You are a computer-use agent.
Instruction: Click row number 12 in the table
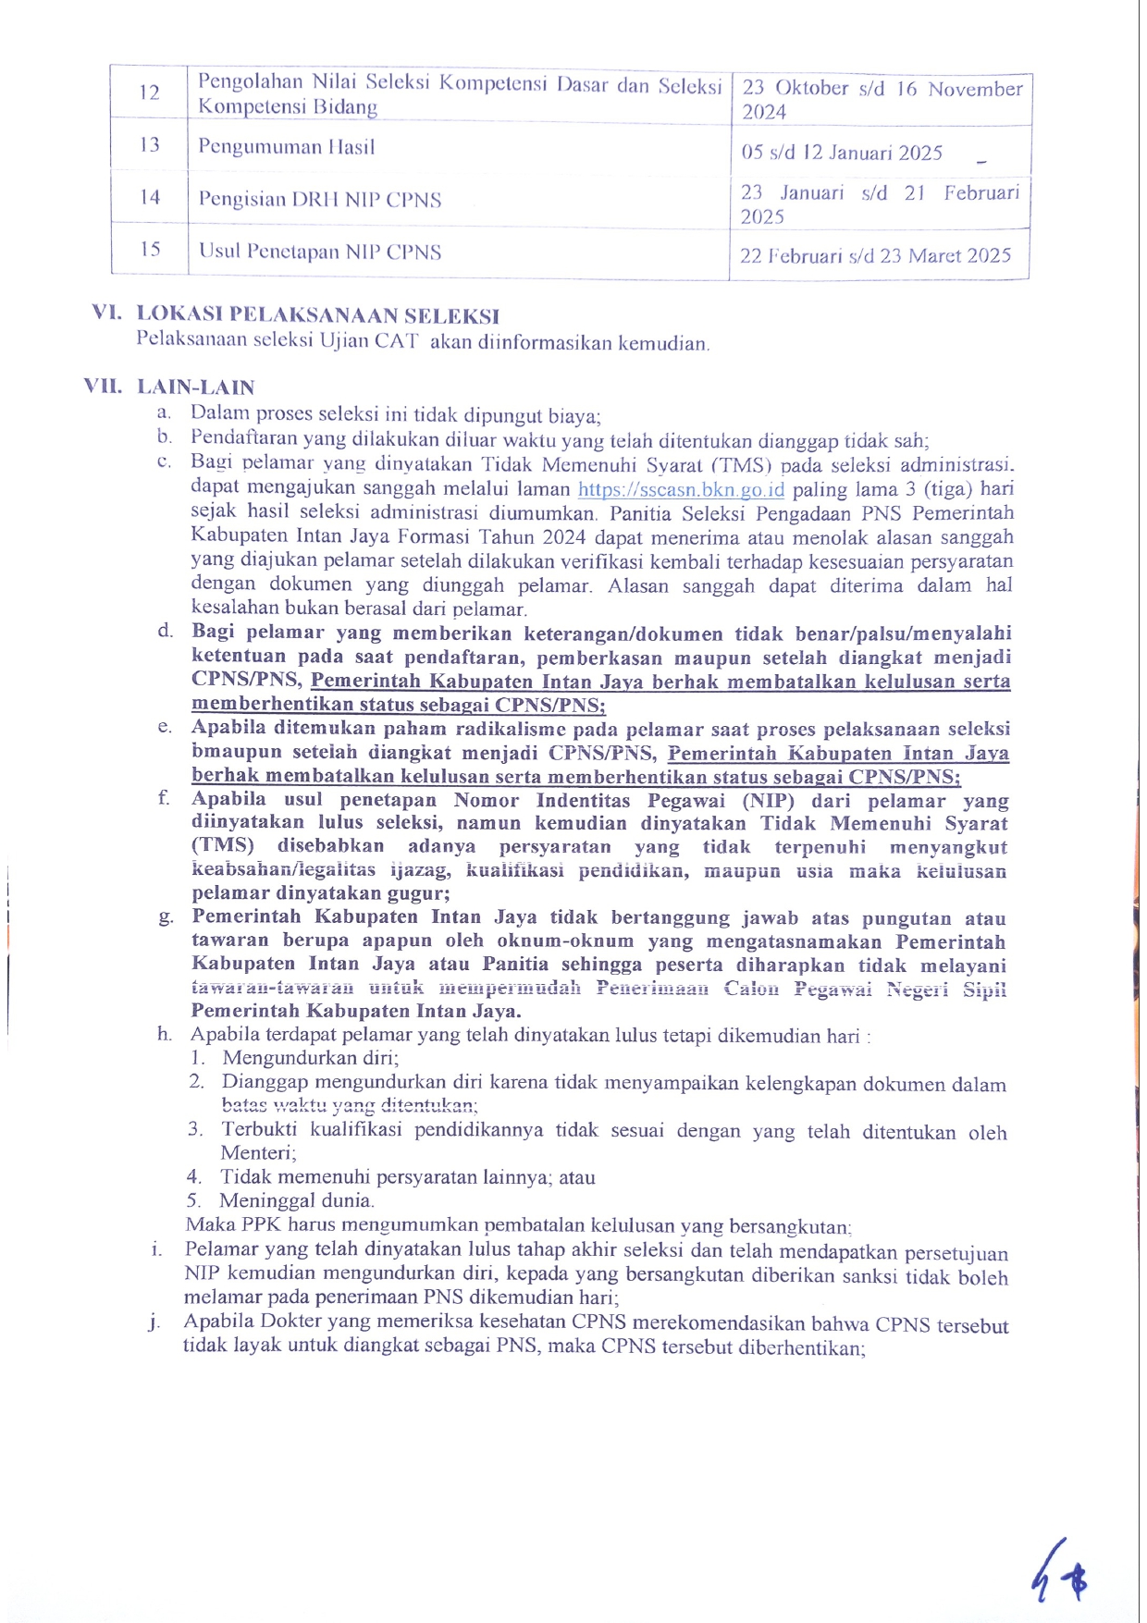150,92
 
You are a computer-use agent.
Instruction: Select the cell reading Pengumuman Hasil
286,147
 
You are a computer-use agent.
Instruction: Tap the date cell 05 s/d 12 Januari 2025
842,153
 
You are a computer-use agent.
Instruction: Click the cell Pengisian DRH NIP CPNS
319,200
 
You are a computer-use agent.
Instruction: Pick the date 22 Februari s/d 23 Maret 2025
875,256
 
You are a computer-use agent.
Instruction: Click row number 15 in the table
150,250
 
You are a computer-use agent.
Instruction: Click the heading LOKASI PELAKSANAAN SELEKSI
318,315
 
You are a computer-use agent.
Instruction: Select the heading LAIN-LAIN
195,387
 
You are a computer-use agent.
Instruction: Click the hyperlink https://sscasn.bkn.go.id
681,489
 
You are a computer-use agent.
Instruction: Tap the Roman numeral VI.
107,314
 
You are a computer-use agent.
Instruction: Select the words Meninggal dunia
296,1200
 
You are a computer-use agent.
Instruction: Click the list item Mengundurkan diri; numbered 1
310,1058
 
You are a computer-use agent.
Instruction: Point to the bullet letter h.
164,1034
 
